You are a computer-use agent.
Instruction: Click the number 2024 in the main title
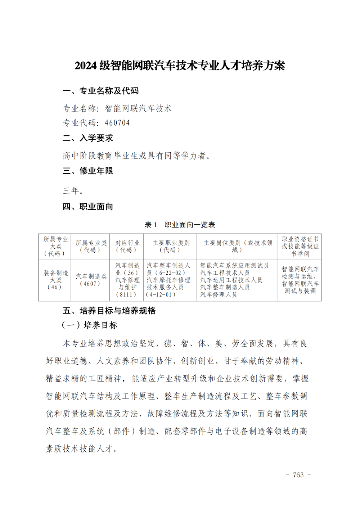point(86,66)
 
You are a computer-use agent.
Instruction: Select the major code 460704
point(117,123)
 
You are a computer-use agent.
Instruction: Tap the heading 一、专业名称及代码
point(100,91)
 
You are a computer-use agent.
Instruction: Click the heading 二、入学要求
point(88,138)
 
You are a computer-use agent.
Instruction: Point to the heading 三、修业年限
point(88,171)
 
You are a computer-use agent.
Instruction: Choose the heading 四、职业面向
point(88,207)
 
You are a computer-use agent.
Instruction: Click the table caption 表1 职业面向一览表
point(180,225)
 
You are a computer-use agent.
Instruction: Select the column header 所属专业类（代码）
point(91,247)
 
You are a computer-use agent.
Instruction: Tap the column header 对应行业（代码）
point(127,247)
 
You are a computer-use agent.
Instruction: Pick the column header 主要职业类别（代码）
point(170,247)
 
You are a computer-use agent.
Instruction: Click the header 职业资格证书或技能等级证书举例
point(300,247)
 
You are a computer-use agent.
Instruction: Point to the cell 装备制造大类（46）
point(55,280)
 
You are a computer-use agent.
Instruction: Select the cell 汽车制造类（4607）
point(91,280)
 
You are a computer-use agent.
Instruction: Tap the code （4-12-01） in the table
point(161,294)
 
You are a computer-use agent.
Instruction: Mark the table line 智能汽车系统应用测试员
point(234,266)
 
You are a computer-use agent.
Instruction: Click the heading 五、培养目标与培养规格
point(109,311)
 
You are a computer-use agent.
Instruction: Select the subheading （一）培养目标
point(90,325)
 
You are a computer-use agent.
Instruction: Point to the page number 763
point(298,475)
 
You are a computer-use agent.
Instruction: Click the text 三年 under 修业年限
point(71,190)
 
